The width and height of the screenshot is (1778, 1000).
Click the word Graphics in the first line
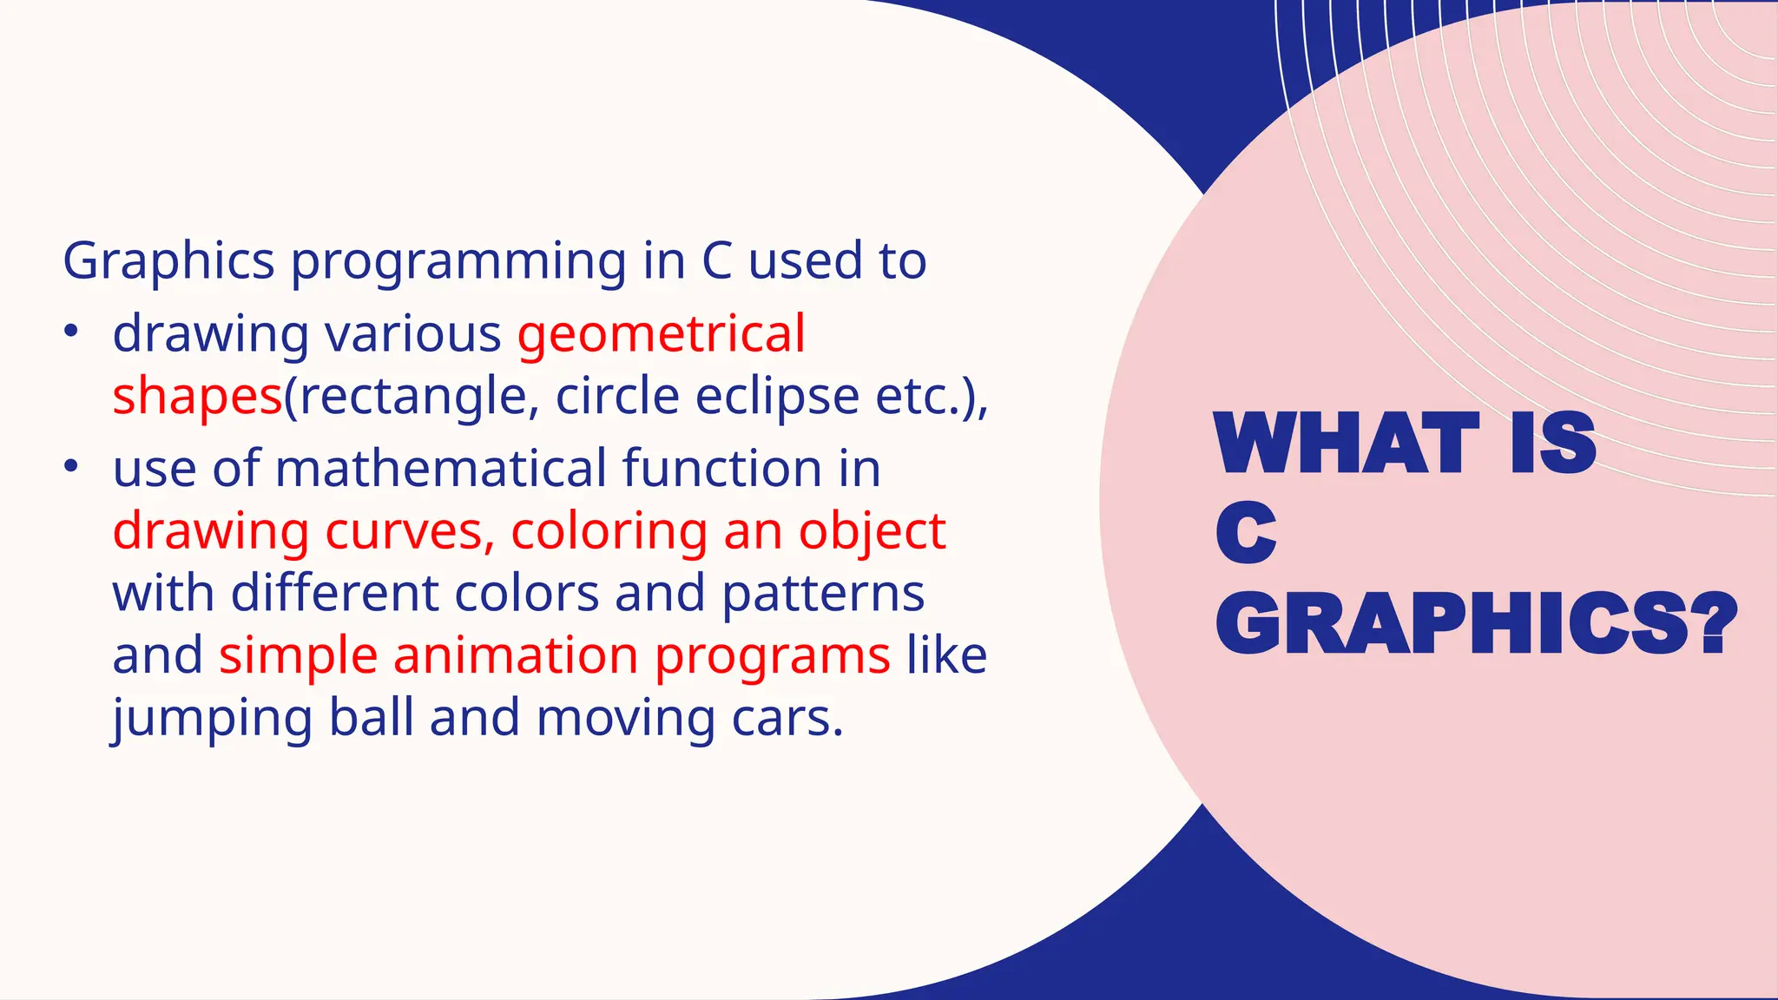click(x=168, y=261)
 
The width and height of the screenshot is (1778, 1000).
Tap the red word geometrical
click(x=661, y=334)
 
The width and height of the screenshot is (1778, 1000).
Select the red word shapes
click(x=197, y=397)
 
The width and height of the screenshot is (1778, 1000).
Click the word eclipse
click(x=777, y=397)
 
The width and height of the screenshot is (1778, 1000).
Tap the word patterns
click(x=822, y=594)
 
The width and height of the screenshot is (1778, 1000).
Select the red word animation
click(x=516, y=655)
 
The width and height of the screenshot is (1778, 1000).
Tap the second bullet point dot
click(x=71, y=466)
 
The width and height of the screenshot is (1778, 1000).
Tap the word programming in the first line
click(x=458, y=261)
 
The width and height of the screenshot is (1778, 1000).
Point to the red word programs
click(x=772, y=657)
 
